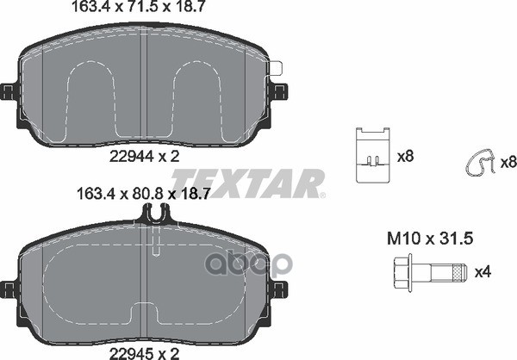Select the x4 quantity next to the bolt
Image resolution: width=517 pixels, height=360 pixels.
pos(483,272)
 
